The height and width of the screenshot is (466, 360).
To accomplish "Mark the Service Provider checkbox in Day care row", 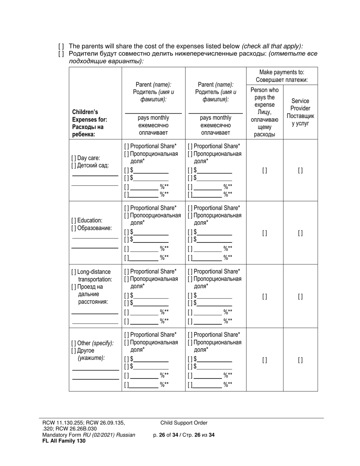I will [301, 170].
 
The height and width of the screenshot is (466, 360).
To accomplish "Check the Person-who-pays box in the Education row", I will [265, 233].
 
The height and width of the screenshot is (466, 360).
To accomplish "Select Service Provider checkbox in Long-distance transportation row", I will [301, 297].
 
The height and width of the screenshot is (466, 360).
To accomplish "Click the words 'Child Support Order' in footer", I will [184, 423].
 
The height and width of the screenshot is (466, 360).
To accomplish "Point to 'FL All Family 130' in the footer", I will [64, 441].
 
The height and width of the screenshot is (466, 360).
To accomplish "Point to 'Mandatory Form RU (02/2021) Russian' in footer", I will [89, 435].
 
